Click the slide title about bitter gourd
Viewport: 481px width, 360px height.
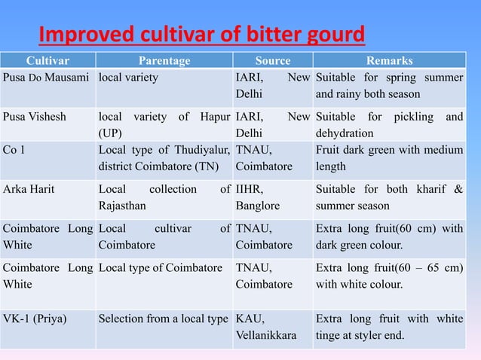click(x=202, y=34)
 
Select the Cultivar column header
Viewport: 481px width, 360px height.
click(x=48, y=61)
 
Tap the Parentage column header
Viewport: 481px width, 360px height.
click(x=165, y=61)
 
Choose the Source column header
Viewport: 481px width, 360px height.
click(x=272, y=61)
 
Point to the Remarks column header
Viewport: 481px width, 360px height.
click(x=389, y=61)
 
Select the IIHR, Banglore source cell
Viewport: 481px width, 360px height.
click(x=258, y=197)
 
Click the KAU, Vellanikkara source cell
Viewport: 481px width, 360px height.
click(x=265, y=326)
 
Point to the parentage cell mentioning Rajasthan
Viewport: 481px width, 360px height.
click(x=164, y=197)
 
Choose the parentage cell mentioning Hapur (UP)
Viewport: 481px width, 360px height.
click(x=164, y=125)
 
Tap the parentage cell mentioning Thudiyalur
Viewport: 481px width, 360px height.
click(x=164, y=157)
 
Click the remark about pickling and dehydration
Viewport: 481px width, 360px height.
click(x=389, y=125)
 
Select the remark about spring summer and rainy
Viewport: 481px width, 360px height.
click(x=389, y=86)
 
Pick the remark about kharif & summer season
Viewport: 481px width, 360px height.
click(x=389, y=197)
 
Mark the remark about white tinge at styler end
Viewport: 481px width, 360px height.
click(x=389, y=326)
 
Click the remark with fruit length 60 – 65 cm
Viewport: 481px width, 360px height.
click(x=389, y=276)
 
